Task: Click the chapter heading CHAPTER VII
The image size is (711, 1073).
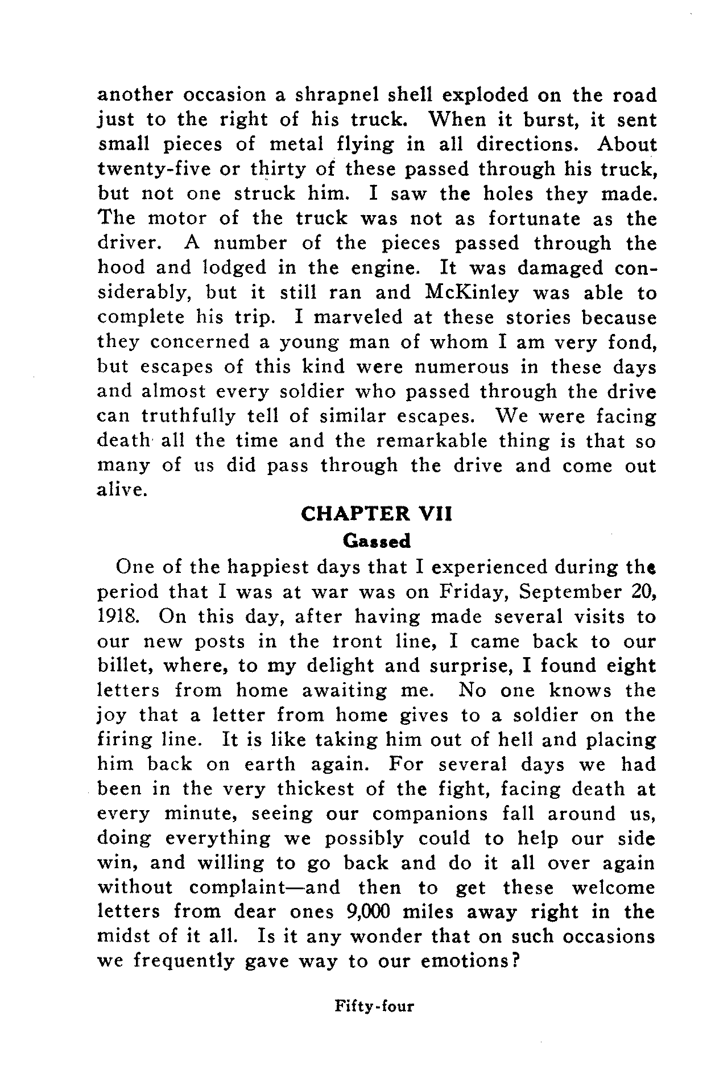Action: pyautogui.click(x=376, y=514)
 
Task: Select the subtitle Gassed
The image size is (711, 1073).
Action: pyautogui.click(x=377, y=541)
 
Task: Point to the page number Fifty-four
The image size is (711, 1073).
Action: pyautogui.click(x=374, y=1006)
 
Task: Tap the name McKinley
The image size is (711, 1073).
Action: pyautogui.click(x=472, y=293)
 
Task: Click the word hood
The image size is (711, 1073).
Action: pyautogui.click(x=121, y=267)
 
